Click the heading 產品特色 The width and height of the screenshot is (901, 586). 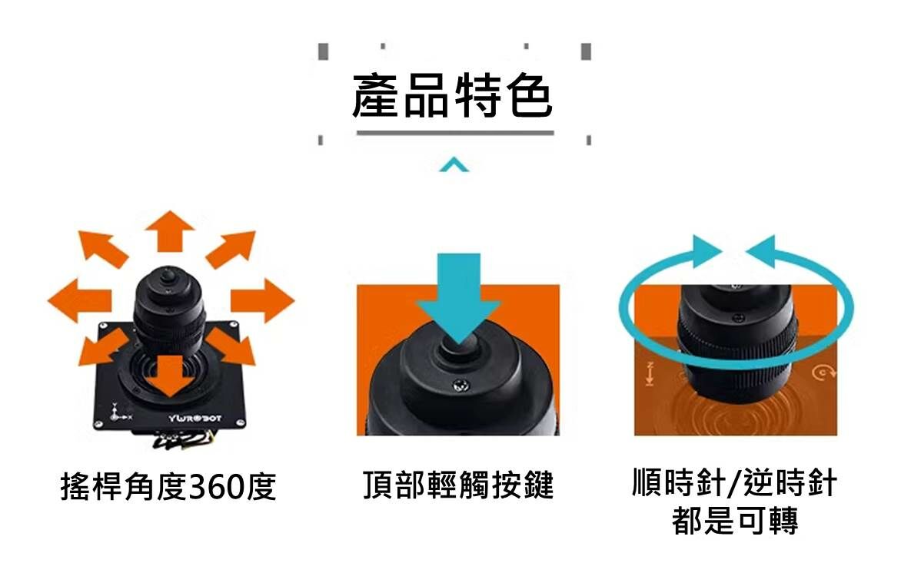click(x=452, y=97)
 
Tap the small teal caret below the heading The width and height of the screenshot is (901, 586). click(x=454, y=164)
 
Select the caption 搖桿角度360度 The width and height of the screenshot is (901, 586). click(x=168, y=487)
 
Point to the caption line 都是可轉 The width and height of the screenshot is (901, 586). click(x=735, y=521)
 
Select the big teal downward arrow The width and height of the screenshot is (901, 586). click(x=458, y=296)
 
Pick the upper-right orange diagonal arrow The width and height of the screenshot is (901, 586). click(x=232, y=247)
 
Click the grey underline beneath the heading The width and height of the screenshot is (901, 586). click(x=455, y=134)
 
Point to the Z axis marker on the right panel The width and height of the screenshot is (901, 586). click(x=650, y=373)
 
